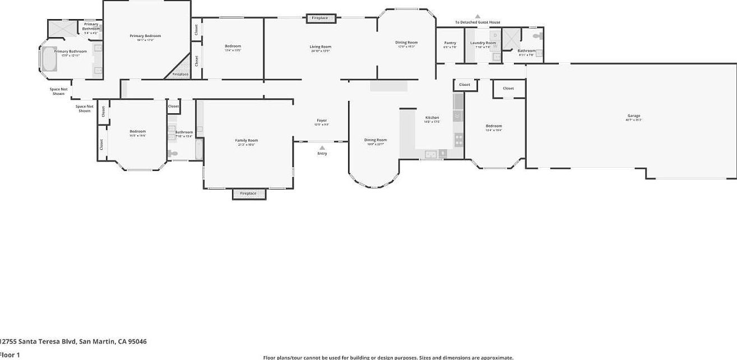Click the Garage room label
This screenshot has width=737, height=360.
(x=633, y=116)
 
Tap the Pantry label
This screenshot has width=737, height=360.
(x=450, y=43)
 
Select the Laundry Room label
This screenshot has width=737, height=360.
(x=483, y=43)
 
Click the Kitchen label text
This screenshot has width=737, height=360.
(x=432, y=118)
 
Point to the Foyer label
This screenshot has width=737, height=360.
(x=322, y=121)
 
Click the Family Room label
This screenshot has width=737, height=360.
(x=246, y=140)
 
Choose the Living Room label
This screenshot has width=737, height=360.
(x=321, y=47)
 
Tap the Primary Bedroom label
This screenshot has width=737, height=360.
(x=145, y=36)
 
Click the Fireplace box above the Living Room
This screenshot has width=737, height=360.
(x=320, y=19)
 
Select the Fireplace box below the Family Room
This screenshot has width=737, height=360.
(x=248, y=193)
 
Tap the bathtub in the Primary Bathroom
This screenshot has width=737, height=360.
(x=48, y=61)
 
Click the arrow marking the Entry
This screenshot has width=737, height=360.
(x=322, y=147)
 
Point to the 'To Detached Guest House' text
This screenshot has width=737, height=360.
(x=478, y=22)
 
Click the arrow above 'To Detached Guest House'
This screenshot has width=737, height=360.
(x=478, y=16)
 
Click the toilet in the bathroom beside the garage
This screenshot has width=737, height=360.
(x=538, y=36)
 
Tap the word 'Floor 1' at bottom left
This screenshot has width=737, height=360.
(x=10, y=354)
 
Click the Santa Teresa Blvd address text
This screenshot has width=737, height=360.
(x=73, y=341)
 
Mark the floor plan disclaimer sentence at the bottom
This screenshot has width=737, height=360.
(x=388, y=357)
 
